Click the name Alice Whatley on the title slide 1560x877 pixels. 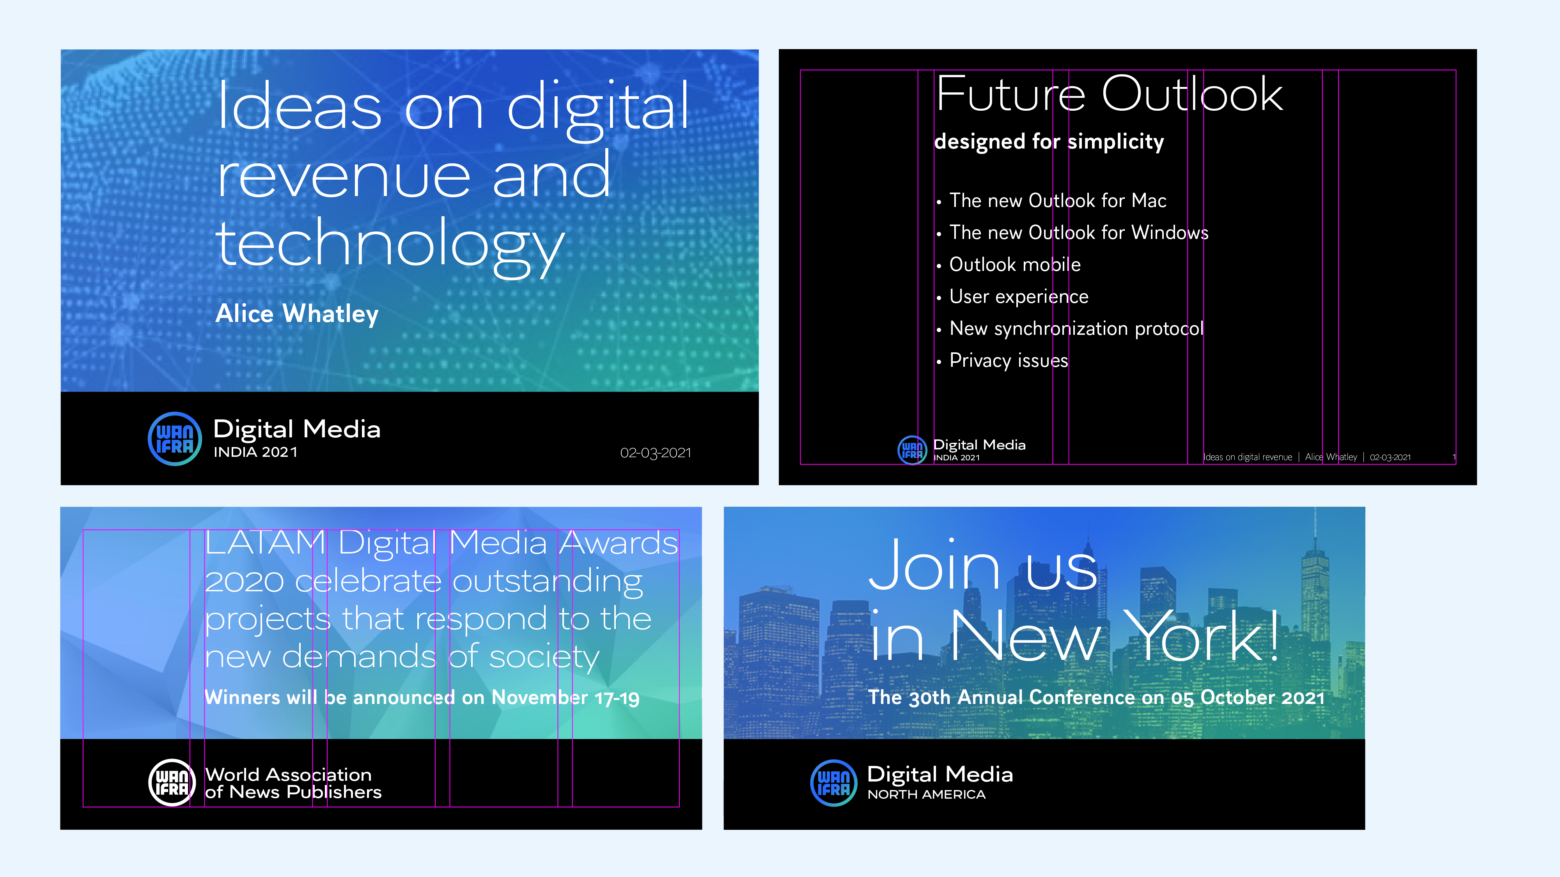coord(297,314)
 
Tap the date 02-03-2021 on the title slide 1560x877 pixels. coord(655,453)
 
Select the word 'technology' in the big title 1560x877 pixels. coord(391,245)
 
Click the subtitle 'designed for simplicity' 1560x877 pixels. coord(1049,141)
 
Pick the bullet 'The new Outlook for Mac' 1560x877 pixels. coord(1057,200)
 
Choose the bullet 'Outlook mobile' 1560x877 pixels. coord(1015,265)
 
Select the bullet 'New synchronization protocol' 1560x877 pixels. coord(1076,329)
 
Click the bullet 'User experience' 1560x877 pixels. coord(1019,297)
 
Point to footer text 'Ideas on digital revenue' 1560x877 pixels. coord(1248,457)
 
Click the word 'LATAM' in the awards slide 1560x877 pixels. coord(265,543)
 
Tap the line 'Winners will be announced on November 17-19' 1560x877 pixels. coord(422,697)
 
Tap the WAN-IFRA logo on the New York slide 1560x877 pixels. coord(834,783)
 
